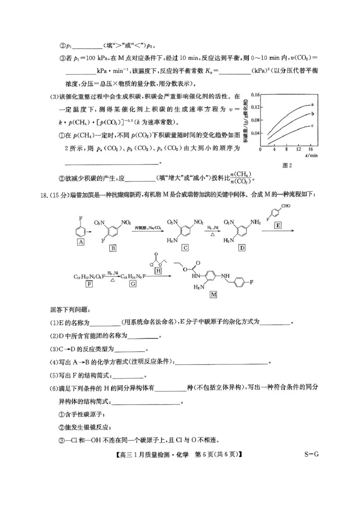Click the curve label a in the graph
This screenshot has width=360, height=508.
(312, 104)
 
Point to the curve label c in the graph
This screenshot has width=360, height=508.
(312, 125)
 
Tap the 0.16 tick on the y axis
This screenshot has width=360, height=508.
(255, 94)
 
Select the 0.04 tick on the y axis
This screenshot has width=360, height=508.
(255, 133)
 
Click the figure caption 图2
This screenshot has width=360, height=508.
(287, 165)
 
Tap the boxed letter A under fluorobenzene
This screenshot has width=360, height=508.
(81, 241)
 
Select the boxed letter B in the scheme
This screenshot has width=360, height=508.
(113, 248)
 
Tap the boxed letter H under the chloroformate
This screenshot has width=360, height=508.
(158, 271)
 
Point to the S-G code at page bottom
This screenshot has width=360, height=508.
(310, 454)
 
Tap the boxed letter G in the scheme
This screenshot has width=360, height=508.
(133, 284)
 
